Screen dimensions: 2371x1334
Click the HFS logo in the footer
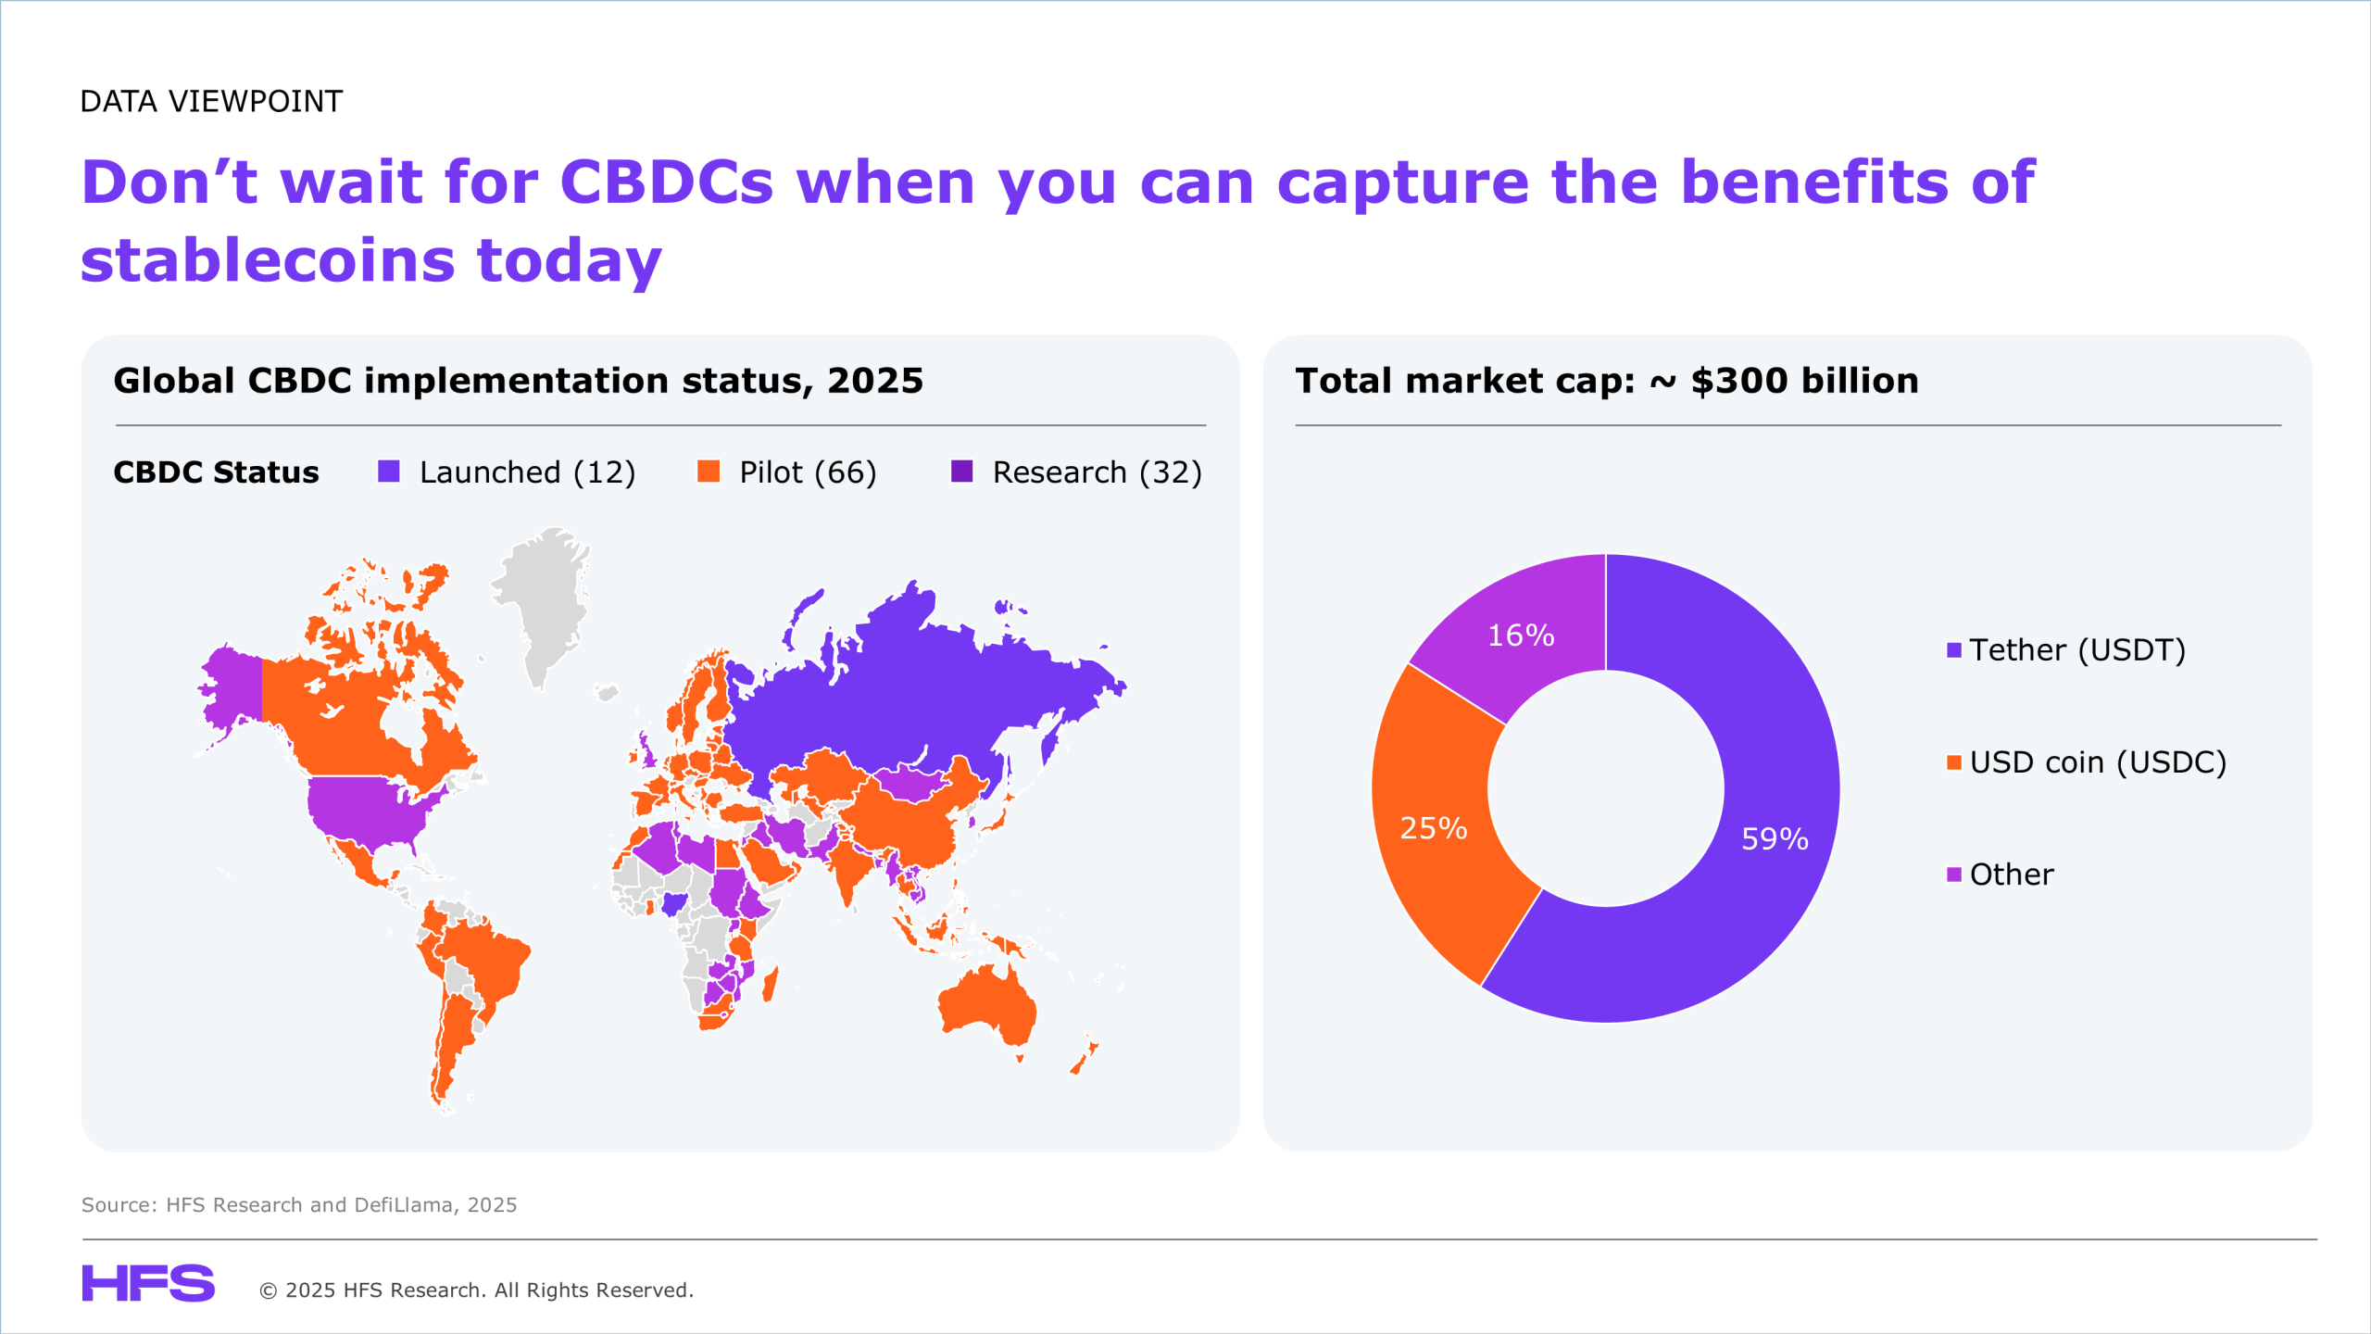(x=148, y=1283)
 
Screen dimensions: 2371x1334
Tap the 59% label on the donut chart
(x=1775, y=838)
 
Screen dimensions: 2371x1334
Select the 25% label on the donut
(x=1433, y=827)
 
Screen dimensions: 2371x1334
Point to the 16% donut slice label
(x=1521, y=635)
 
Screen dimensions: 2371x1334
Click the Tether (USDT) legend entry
(x=2066, y=649)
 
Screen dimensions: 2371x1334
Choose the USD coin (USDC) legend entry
(x=2087, y=761)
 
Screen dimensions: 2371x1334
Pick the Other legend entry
(x=2001, y=874)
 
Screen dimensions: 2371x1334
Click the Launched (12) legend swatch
(x=389, y=472)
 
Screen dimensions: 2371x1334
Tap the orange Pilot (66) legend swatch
(x=709, y=472)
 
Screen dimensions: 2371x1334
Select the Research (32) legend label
(x=1098, y=472)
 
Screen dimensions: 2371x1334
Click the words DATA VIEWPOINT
(x=211, y=101)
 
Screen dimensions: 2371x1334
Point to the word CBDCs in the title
(x=667, y=182)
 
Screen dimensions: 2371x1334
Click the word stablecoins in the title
(x=269, y=259)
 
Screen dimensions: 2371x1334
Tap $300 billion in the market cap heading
(x=1804, y=381)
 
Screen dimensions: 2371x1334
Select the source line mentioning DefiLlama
(x=299, y=1204)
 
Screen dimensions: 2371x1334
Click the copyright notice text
(x=476, y=1290)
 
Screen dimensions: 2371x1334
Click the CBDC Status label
(x=216, y=472)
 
